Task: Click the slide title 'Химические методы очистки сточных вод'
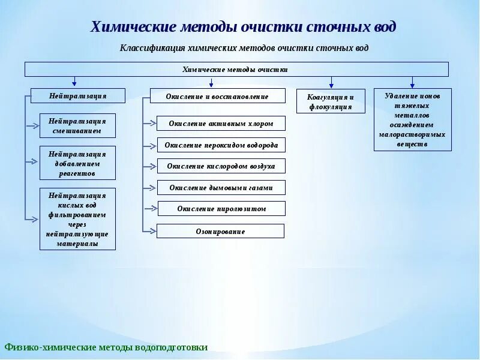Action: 243,28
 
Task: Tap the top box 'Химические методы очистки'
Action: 236,69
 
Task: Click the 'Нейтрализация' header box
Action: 78,95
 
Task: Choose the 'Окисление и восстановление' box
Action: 217,96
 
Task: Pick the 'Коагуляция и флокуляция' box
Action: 331,101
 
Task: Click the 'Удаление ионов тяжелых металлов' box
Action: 413,119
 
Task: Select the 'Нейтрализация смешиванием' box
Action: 77,125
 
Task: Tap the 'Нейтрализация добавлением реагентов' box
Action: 77,163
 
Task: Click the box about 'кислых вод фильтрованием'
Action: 77,220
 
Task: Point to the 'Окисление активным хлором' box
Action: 221,124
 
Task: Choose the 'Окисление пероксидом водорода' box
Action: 221,145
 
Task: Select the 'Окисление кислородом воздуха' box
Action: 221,166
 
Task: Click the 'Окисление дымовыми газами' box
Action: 221,188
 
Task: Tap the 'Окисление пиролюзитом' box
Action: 221,209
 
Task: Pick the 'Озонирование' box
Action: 220,231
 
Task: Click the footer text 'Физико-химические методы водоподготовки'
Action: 106,347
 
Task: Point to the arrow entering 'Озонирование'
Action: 150,230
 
